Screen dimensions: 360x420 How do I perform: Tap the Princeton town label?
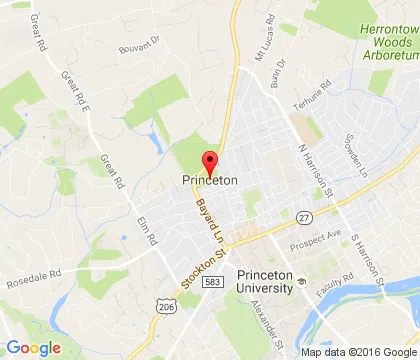click(210, 181)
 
